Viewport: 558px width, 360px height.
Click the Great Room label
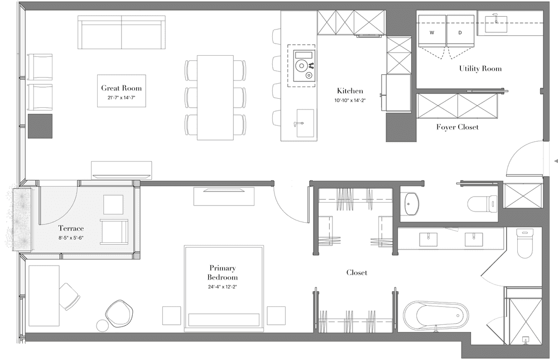pos(121,88)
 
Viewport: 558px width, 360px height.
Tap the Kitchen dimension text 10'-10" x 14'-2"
pos(350,100)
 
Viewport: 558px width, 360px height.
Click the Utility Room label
pos(480,68)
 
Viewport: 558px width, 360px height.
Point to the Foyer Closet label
pos(458,127)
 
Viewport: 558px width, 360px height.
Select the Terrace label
pos(71,228)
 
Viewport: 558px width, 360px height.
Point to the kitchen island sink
pos(305,123)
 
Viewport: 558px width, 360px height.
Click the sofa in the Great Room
pos(121,32)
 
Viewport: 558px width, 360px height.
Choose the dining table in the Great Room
pos(215,98)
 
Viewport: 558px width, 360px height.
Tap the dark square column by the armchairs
pos(40,126)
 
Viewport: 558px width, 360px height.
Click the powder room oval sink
pos(412,204)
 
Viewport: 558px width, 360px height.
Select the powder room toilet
pos(482,203)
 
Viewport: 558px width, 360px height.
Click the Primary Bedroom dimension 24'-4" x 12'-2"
pos(223,287)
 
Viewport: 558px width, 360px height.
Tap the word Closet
pos(357,272)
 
